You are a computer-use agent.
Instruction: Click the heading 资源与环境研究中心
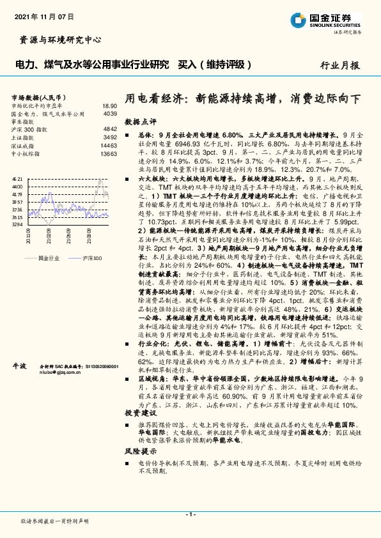tap(58, 40)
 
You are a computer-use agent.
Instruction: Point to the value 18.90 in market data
tap(109, 105)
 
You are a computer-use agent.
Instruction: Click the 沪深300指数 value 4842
tap(109, 128)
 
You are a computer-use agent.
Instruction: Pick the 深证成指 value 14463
tap(109, 145)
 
